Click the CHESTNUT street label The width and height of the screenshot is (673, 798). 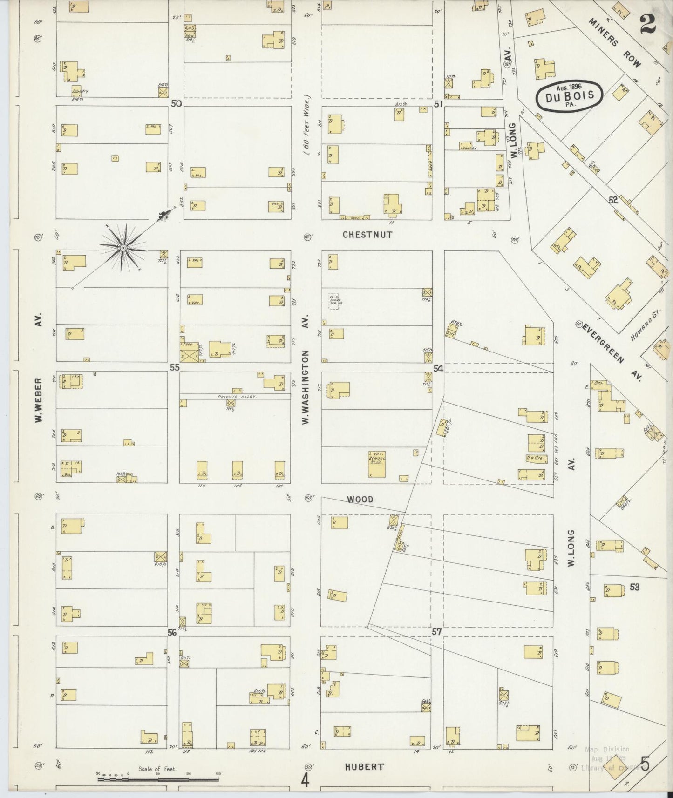tap(367, 235)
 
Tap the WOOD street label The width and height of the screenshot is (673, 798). tap(360, 499)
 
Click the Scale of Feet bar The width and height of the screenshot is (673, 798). tap(157, 778)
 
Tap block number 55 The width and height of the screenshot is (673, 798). tap(174, 367)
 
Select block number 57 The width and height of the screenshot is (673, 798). tap(436, 632)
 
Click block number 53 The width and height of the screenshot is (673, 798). tap(634, 588)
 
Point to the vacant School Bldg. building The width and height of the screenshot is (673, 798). tap(377, 464)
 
